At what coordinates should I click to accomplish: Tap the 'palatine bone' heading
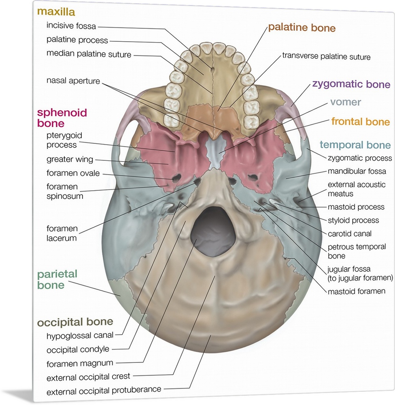point(302,28)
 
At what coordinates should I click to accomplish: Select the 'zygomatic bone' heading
point(351,85)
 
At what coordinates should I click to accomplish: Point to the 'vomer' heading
point(345,102)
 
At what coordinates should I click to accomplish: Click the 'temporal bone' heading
point(355,145)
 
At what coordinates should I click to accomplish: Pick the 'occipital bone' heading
point(75,322)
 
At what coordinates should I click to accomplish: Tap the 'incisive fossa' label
point(71,26)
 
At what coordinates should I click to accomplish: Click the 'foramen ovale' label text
point(73,173)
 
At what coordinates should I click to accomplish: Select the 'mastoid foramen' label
point(357,291)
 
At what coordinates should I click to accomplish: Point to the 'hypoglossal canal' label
point(80,335)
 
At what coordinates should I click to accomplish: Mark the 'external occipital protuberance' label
point(104,391)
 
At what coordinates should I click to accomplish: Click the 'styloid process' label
point(353,220)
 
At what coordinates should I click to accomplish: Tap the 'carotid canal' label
point(350,234)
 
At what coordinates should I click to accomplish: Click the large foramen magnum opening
point(213,229)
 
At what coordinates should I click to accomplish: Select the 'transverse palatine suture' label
point(326,57)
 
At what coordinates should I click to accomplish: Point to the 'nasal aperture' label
point(73,81)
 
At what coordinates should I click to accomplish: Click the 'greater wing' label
point(70,159)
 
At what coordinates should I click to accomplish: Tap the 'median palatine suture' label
point(89,54)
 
